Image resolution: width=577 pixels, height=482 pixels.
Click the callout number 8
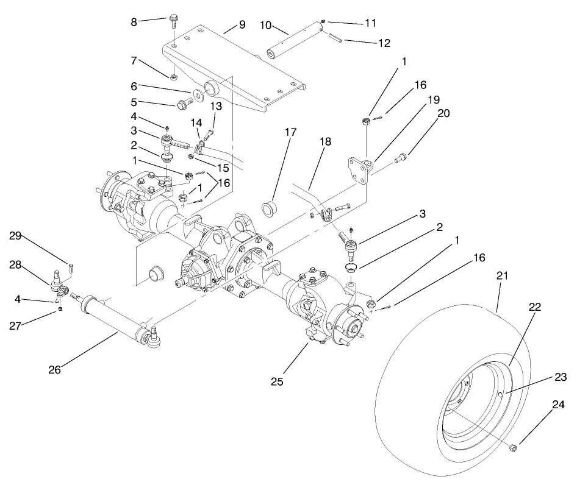click(134, 21)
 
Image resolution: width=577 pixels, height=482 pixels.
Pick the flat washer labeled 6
click(198, 96)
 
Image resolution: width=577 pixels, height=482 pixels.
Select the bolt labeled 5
click(184, 105)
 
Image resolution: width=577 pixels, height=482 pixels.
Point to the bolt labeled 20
click(401, 160)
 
